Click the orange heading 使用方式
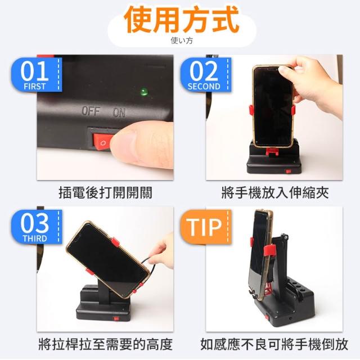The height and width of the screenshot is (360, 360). pyautogui.click(x=182, y=20)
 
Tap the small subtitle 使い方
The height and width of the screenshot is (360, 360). pyautogui.click(x=182, y=40)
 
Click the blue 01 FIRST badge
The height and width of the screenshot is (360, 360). pyautogui.click(x=37, y=75)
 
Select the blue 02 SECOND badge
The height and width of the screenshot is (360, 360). pyautogui.click(x=205, y=75)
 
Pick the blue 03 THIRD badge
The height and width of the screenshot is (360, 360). pyautogui.click(x=37, y=227)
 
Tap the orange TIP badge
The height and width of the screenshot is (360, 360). pyautogui.click(x=205, y=227)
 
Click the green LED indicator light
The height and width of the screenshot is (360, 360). pyautogui.click(x=145, y=91)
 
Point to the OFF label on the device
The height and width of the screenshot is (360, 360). pyautogui.click(x=91, y=111)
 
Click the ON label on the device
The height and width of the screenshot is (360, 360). pyautogui.click(x=119, y=112)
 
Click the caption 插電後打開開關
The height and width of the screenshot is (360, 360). pyautogui.click(x=105, y=192)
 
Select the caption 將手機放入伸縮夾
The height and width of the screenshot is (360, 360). pyautogui.click(x=275, y=192)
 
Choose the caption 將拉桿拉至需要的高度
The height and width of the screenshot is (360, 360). pyautogui.click(x=105, y=344)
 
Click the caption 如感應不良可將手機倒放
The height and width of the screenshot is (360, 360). pyautogui.click(x=274, y=344)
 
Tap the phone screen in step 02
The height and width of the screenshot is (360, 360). pyautogui.click(x=273, y=106)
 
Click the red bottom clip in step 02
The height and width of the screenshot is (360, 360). pyautogui.click(x=272, y=151)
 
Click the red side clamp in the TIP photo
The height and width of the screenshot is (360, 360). pyautogui.click(x=270, y=250)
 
